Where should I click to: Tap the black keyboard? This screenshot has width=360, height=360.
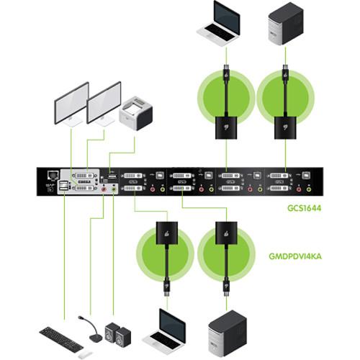[x=63, y=337]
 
